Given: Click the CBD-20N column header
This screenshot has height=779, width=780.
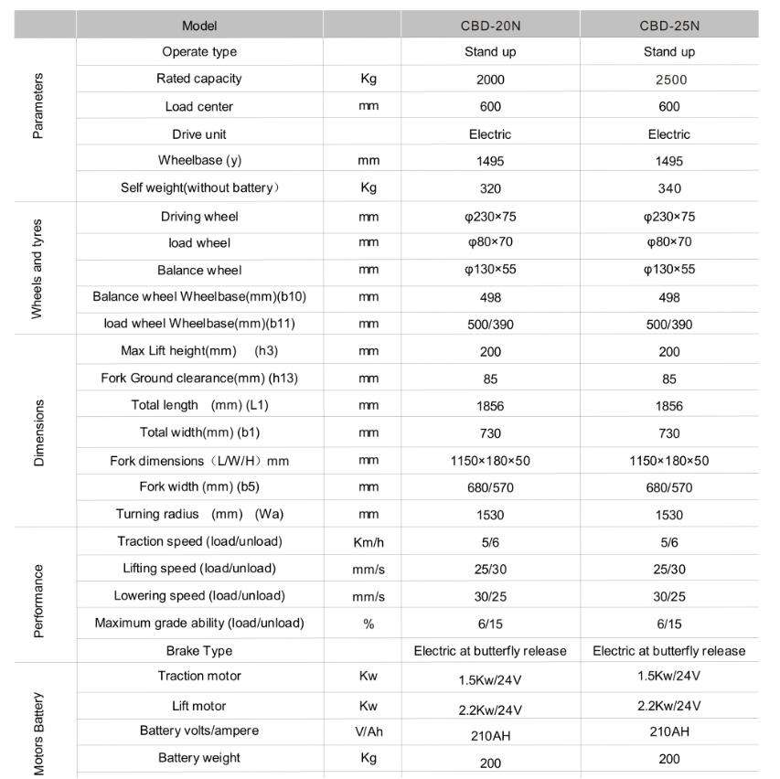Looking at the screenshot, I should coord(490,26).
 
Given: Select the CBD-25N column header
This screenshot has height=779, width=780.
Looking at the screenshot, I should coord(669,26).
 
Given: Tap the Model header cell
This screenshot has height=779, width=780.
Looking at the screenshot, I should coord(199,26).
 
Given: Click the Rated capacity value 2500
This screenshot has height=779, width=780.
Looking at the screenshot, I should coord(669,80).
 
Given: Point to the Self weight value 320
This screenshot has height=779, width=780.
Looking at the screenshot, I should coord(490,189).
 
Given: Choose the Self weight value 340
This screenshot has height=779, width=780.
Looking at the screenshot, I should coord(669,189).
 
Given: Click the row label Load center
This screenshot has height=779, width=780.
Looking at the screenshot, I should coord(199,107).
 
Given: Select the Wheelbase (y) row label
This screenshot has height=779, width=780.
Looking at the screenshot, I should coord(199,161).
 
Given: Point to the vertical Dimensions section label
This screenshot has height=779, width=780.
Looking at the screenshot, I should coord(38,432).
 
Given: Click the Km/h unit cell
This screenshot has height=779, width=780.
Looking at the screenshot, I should coord(369,542).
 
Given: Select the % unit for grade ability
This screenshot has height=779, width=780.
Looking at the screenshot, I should coord(369,624).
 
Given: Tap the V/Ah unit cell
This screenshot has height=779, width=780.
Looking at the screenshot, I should coord(369,731).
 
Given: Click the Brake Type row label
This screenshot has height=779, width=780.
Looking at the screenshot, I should coord(199,651).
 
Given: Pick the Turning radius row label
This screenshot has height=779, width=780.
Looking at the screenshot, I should coord(199,515).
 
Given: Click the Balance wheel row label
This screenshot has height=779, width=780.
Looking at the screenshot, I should coord(199,271).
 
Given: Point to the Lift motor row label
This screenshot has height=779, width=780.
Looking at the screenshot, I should coord(199,706).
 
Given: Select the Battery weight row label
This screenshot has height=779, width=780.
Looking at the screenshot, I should coord(199,758).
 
